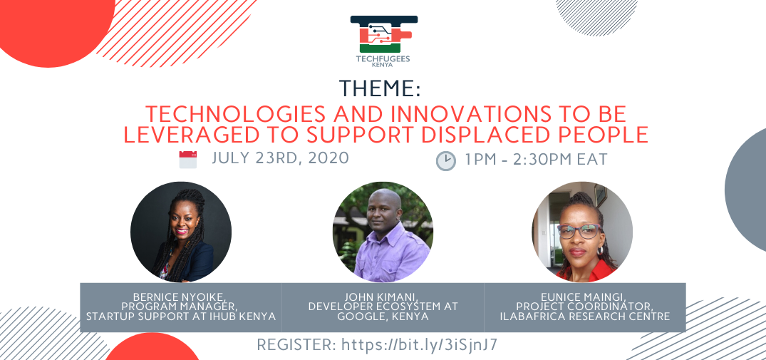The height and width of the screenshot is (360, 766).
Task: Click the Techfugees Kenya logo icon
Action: point(384,34)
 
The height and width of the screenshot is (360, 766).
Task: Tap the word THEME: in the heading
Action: point(380,88)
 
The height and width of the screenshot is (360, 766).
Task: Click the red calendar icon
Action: point(188,160)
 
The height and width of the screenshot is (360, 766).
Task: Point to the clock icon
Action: point(445,160)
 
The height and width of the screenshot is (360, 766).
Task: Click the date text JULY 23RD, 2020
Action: point(281,158)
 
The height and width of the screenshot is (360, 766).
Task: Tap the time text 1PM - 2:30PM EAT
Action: point(536,159)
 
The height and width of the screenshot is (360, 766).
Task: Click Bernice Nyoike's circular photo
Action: point(181,232)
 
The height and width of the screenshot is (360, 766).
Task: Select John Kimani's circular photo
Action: point(383,232)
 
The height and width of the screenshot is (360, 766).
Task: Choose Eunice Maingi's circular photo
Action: point(582,232)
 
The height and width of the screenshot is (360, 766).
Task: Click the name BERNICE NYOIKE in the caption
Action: point(180,297)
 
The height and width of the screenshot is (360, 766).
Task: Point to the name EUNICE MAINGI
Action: point(584,297)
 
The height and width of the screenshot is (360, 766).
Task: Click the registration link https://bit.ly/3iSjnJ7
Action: point(420,345)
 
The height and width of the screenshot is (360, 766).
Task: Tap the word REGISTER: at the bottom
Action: point(296,345)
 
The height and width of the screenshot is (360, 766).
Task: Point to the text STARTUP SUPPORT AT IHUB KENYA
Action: point(181,316)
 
